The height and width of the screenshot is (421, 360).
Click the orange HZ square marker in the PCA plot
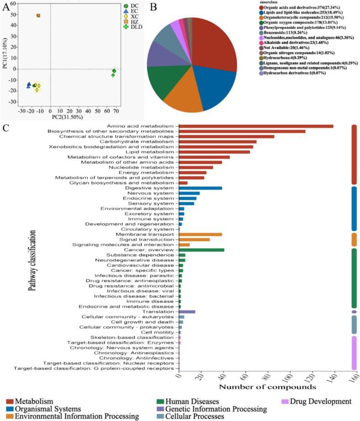38,16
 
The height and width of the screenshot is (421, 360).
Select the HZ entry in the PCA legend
135,21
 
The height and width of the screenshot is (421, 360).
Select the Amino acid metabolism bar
256,126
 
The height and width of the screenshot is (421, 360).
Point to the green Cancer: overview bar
201,250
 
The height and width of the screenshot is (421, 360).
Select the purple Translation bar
187,311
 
